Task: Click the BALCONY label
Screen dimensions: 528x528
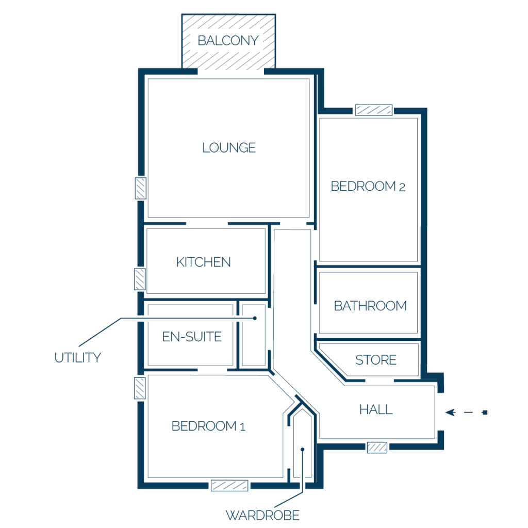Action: pos(228,41)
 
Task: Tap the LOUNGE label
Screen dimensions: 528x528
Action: pos(229,148)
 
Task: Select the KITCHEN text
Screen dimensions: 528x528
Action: pos(203,262)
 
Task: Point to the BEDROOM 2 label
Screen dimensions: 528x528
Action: pos(368,186)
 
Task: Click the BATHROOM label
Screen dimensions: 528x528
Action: pos(370,306)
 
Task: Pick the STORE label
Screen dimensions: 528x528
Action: pos(376,360)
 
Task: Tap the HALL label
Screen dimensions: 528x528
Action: pos(376,409)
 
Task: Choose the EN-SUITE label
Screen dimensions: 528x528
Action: pos(192,337)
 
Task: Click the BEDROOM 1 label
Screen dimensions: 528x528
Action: pos(208,426)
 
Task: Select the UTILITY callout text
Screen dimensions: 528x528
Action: pos(78,358)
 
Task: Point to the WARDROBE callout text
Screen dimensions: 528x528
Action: pos(262,515)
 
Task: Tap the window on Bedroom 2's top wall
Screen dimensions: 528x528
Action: pos(374,110)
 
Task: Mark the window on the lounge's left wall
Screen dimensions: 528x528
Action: pos(140,188)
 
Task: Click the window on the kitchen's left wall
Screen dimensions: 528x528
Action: pos(140,279)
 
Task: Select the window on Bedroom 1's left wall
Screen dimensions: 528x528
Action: pos(140,388)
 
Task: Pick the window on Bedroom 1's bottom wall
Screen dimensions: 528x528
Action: pos(229,486)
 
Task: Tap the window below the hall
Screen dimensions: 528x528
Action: pos(377,448)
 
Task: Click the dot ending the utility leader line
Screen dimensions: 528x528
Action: pos(255,318)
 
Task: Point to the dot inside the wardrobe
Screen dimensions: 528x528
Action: pos(302,449)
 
